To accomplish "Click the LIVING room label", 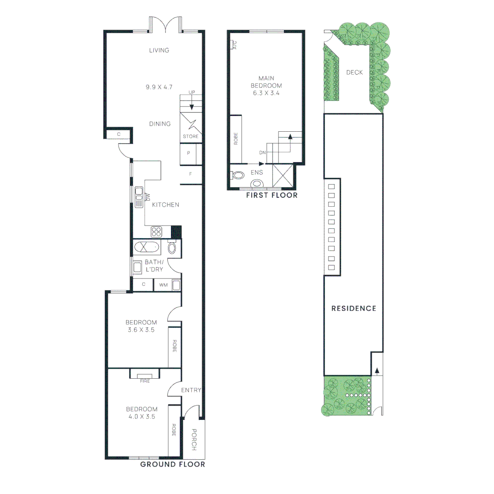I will coord(159,50).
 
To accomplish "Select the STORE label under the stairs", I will coord(191,137).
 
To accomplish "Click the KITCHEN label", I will coord(166,205).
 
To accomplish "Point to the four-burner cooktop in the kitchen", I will coord(156,232).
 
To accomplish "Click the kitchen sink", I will coord(139,197).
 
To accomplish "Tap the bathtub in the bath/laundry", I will coord(147,248).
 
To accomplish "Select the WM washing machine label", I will coord(163,285).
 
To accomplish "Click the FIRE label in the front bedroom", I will coord(145,381).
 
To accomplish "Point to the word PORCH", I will coord(193,439).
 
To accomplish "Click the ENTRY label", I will coord(191,390).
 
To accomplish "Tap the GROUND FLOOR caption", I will coord(172,464).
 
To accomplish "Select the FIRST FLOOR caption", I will coord(272,195).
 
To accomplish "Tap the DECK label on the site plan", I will coord(354,72).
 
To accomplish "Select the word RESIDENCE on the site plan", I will coord(354,308).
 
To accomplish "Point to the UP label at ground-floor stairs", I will coord(192,93).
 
